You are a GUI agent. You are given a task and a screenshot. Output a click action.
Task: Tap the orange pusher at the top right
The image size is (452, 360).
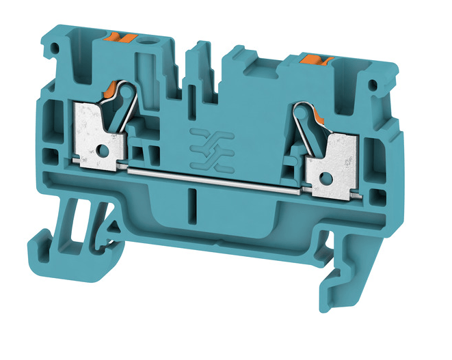tap(317, 62)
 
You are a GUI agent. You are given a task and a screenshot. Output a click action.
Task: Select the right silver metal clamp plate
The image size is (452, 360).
tap(332, 154)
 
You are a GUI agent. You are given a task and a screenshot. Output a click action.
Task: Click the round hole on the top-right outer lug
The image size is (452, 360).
tap(373, 85)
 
